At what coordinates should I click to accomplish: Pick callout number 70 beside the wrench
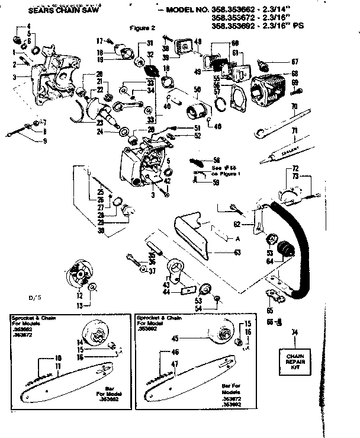click(294, 107)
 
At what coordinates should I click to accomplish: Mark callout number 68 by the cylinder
click(294, 73)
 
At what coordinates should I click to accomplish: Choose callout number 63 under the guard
click(237, 252)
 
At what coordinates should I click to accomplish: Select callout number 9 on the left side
click(44, 140)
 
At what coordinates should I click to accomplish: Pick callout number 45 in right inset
click(191, 340)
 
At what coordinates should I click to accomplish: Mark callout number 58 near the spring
click(217, 161)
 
